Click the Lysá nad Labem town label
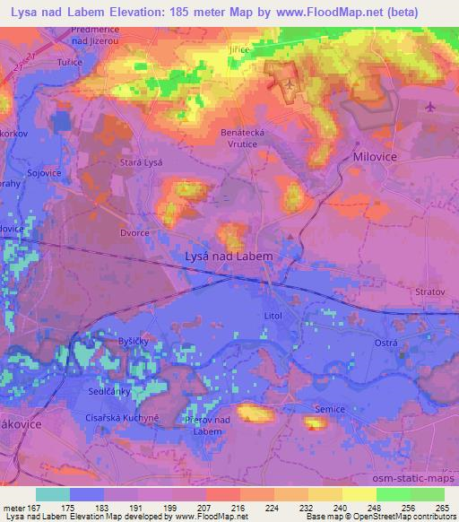click(x=228, y=256)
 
